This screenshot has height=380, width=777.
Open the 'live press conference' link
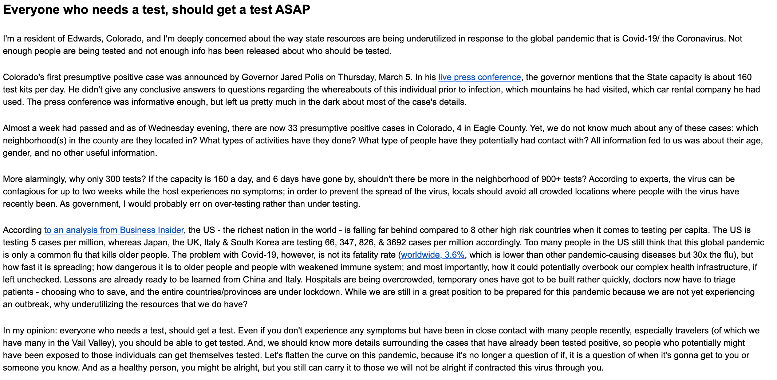[x=480, y=77]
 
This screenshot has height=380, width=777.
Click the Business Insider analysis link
[x=114, y=230]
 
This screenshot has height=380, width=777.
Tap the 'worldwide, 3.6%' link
[x=433, y=255]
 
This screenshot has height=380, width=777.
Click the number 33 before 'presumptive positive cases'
[x=292, y=128]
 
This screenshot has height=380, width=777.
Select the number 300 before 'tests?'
[x=114, y=179]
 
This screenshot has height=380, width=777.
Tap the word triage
[x=723, y=280]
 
